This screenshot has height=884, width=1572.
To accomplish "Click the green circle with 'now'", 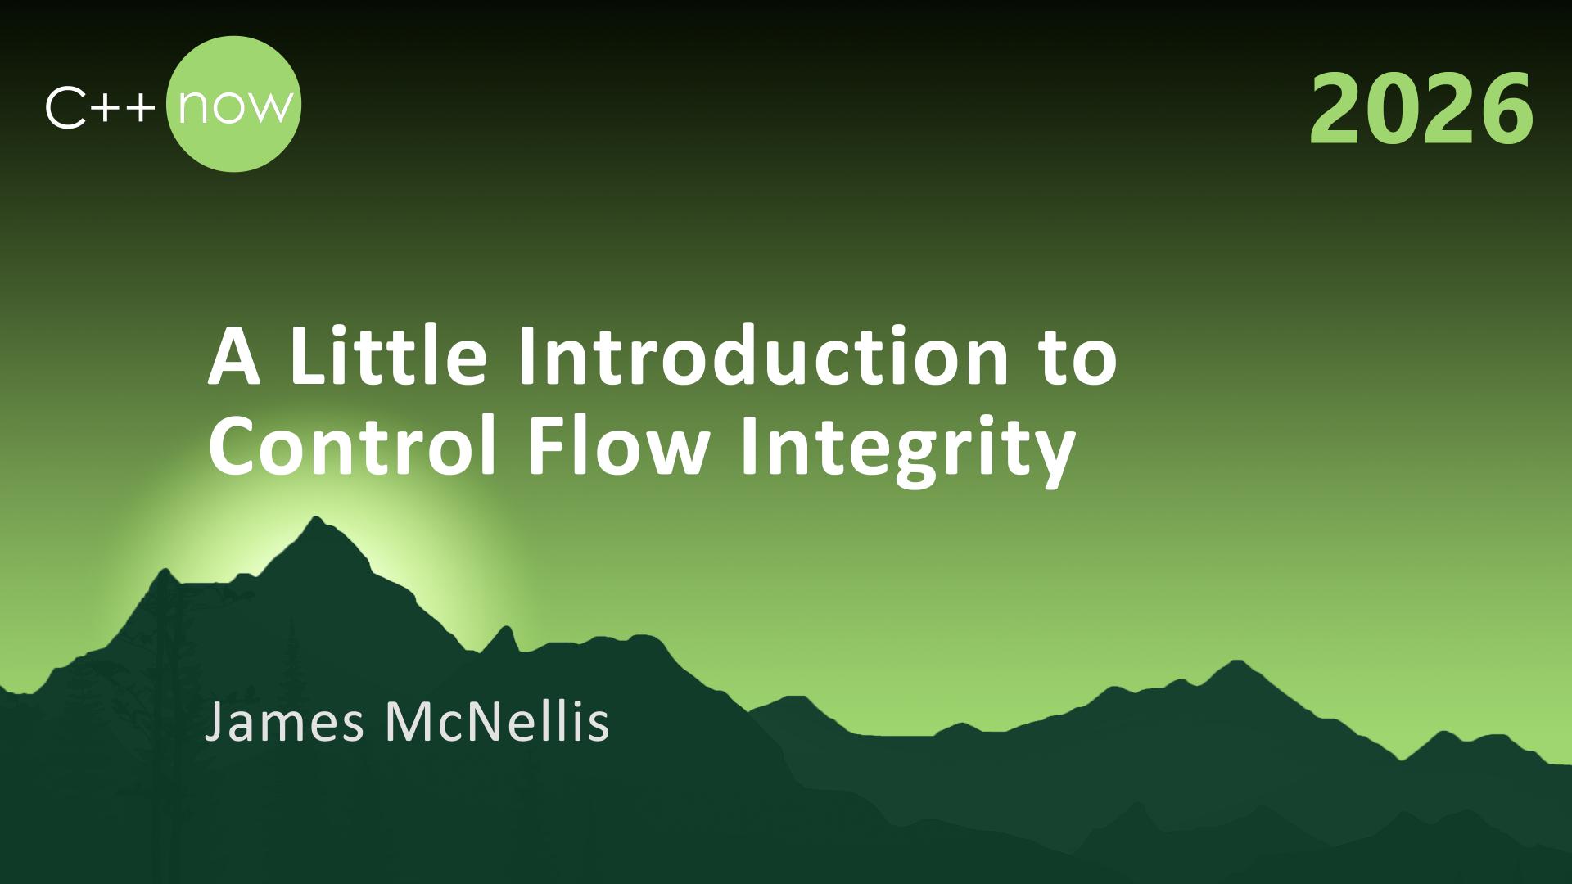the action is coord(233,104).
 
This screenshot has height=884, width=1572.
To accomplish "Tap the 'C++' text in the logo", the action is coord(101,108).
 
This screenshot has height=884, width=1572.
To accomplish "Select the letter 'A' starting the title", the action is coord(234,358).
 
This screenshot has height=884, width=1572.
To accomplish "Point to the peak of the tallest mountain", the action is coord(316,517).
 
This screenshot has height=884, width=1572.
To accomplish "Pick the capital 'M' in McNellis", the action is coord(407,722).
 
